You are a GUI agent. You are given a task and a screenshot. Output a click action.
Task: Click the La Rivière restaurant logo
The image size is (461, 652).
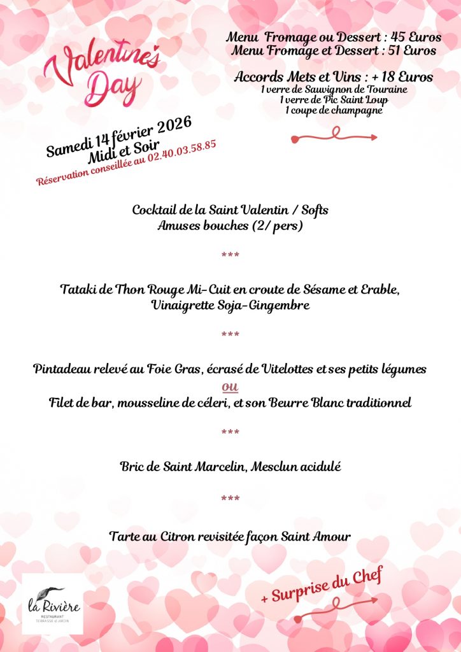pos(53,604)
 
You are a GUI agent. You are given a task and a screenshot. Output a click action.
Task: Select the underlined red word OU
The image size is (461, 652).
pos(230,387)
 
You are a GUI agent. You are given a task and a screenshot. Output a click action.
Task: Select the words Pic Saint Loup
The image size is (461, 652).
pos(355,100)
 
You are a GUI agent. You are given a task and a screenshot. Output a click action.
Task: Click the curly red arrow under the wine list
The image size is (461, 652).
pos(334,135)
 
